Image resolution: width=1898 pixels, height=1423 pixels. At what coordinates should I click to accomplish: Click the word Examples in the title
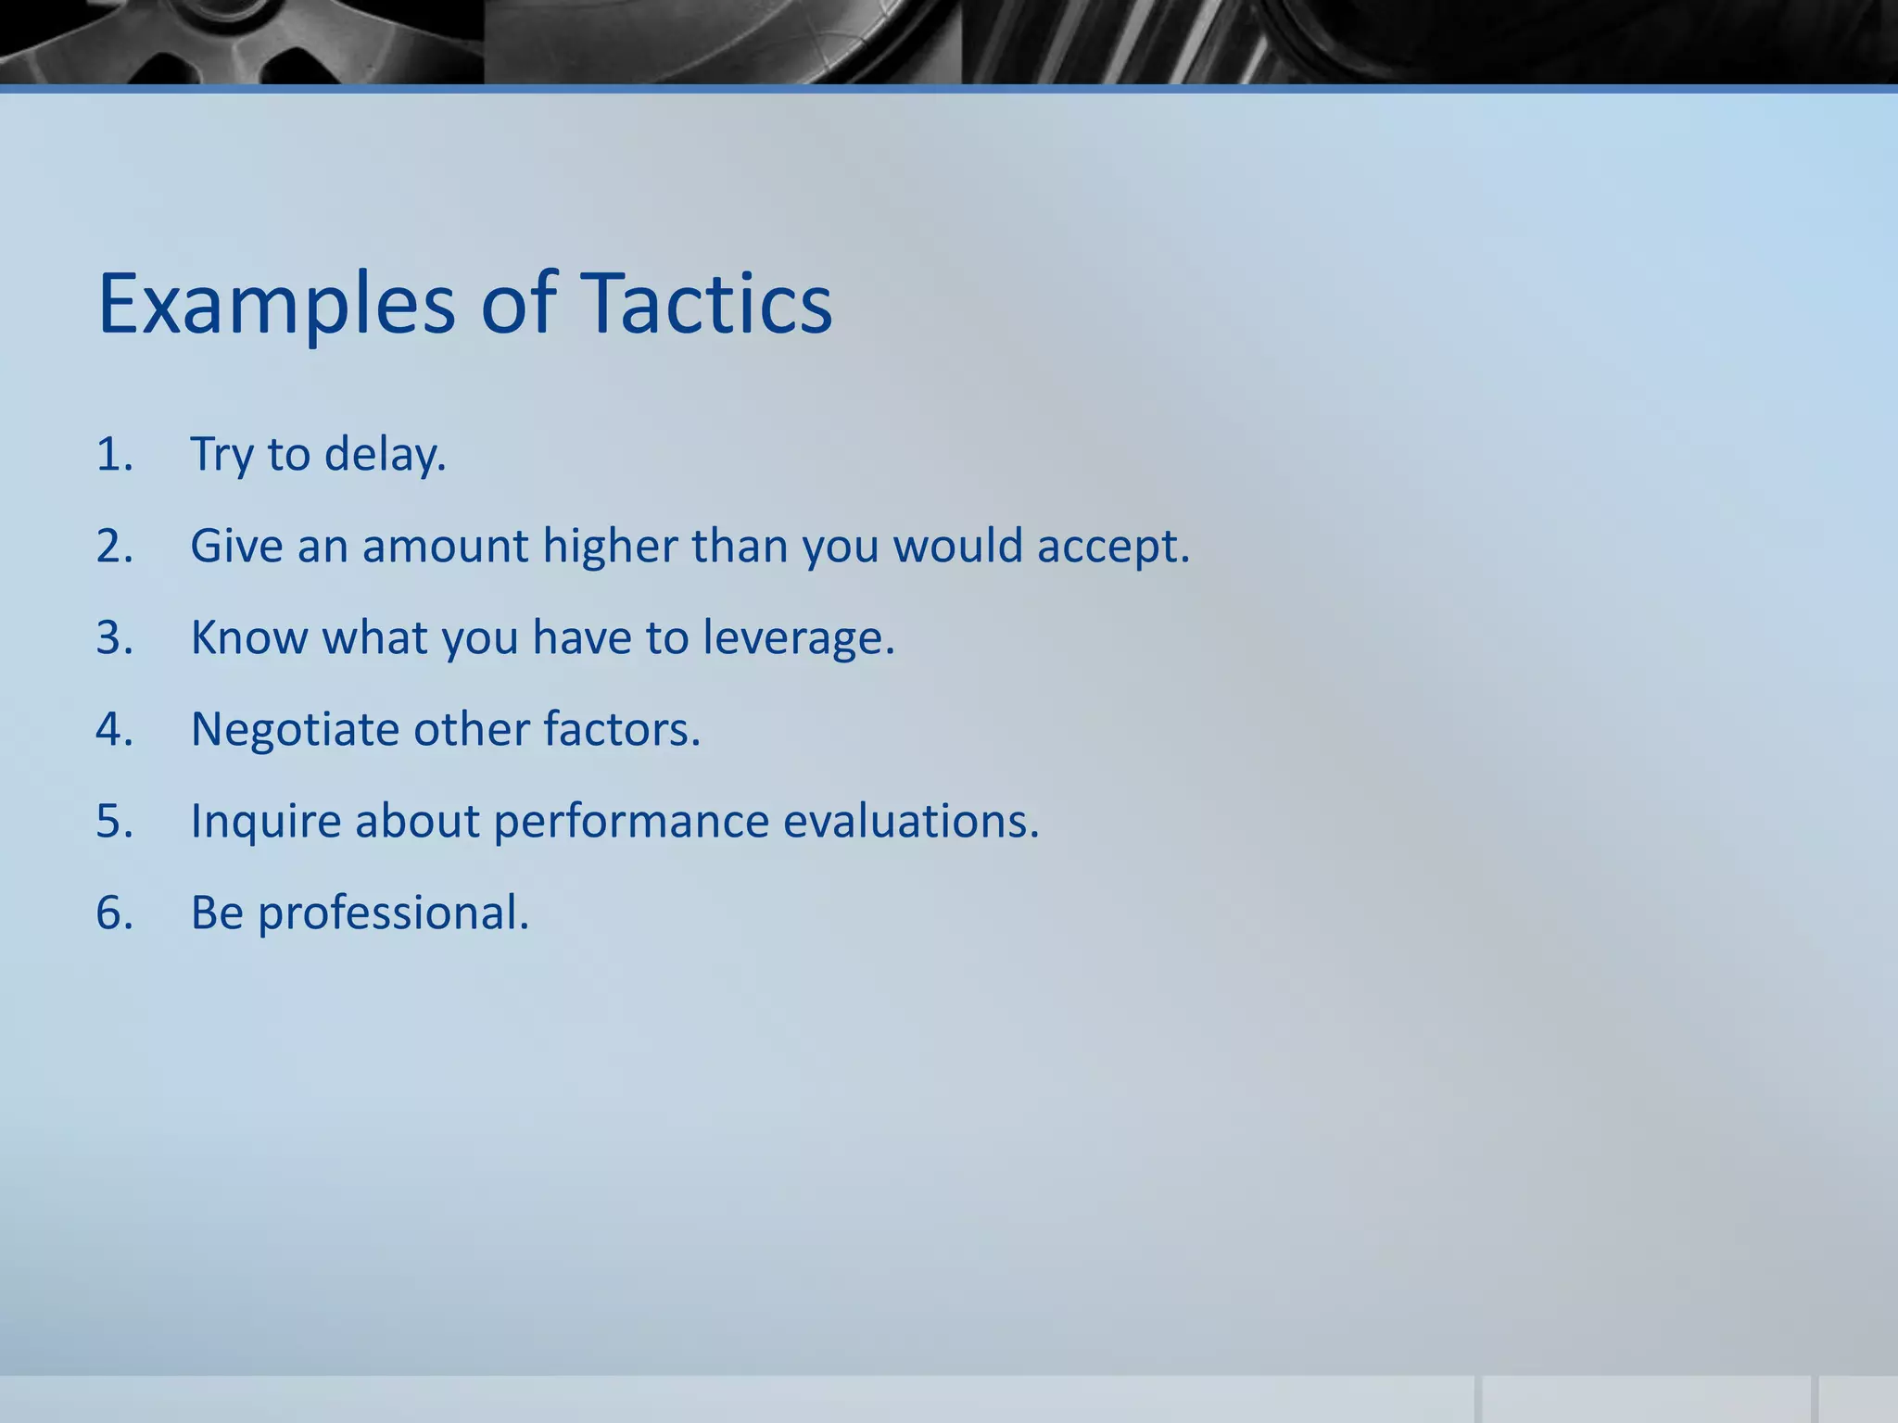coord(276,304)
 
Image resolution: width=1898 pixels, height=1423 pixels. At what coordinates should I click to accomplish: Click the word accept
coord(1112,546)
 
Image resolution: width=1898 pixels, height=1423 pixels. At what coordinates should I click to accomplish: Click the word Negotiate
coord(295,729)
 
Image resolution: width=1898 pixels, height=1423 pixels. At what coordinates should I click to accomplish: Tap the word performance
coord(630,821)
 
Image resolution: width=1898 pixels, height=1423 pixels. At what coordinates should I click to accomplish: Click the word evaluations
coord(911,821)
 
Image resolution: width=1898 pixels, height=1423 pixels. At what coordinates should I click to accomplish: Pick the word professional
coord(393,913)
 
